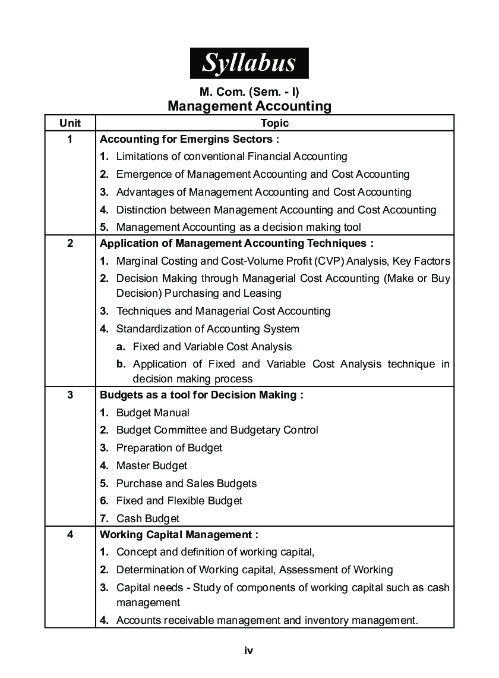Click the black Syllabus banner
pyautogui.click(x=249, y=63)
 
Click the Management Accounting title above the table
pyautogui.click(x=249, y=106)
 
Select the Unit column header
pyautogui.click(x=70, y=123)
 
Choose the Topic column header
pyautogui.click(x=274, y=123)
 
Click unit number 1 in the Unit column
pyautogui.click(x=70, y=140)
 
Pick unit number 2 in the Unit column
pyautogui.click(x=70, y=243)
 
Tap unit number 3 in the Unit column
pyautogui.click(x=70, y=395)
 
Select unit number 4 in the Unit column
pyautogui.click(x=70, y=535)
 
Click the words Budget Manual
pyautogui.click(x=153, y=413)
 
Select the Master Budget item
pyautogui.click(x=151, y=466)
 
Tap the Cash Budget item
pyautogui.click(x=148, y=519)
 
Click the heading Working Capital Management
pyautogui.click(x=179, y=535)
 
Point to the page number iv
pyautogui.click(x=249, y=651)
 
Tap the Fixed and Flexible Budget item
pyautogui.click(x=179, y=501)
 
